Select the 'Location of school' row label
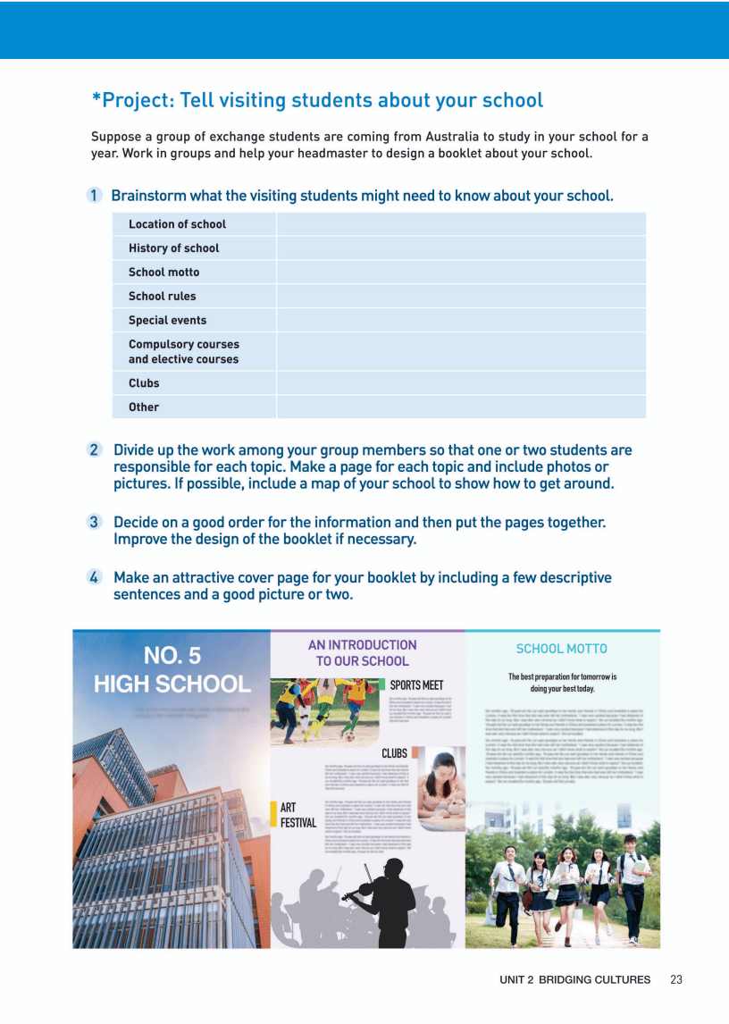coord(177,224)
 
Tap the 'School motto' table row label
coord(163,273)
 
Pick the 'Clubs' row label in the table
coord(144,383)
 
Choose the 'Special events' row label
coord(167,320)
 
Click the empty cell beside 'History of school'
coord(461,248)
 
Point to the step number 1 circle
coord(94,196)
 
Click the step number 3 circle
coord(94,522)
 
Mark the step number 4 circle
coord(94,577)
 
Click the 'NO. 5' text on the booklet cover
coord(172,657)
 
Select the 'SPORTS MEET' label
coord(416,685)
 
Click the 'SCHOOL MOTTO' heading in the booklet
coord(561,649)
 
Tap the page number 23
coord(676,980)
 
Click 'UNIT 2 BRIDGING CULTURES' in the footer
coord(574,980)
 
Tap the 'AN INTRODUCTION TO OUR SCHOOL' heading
coord(362,653)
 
